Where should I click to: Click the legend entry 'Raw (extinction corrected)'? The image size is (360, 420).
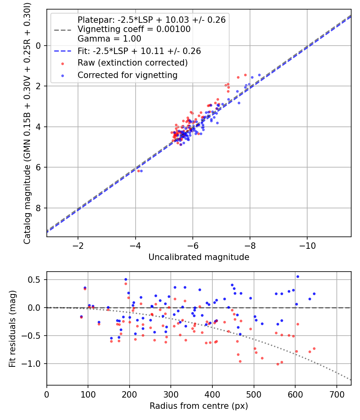pyautogui.click(x=132, y=63)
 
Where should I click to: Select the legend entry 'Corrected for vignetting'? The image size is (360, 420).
pyautogui.click(x=127, y=75)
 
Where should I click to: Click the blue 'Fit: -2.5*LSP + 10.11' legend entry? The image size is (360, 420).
pyautogui.click(x=139, y=51)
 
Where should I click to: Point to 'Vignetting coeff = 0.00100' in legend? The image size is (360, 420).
pyautogui.click(x=134, y=29)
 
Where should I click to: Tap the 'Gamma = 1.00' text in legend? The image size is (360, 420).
pyautogui.click(x=109, y=39)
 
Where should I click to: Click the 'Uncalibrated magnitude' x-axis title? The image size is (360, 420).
pyautogui.click(x=199, y=257)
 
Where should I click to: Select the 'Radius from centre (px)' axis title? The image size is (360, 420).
pyautogui.click(x=199, y=406)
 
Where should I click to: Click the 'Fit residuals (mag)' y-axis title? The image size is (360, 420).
pyautogui.click(x=12, y=329)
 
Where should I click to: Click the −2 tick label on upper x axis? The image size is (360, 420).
pyautogui.click(x=78, y=245)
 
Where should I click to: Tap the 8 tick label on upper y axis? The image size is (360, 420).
pyautogui.click(x=38, y=208)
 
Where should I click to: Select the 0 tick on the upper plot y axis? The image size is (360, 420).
pyautogui.click(x=38, y=46)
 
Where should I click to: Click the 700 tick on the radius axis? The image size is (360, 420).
pyautogui.click(x=336, y=394)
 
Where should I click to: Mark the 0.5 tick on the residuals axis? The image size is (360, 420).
pyautogui.click(x=36, y=280)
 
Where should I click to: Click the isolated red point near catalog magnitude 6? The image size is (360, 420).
pyautogui.click(x=138, y=171)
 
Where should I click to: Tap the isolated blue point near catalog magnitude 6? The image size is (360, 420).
pyautogui.click(x=141, y=171)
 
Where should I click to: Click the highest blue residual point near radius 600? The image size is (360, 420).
pyautogui.click(x=298, y=276)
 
